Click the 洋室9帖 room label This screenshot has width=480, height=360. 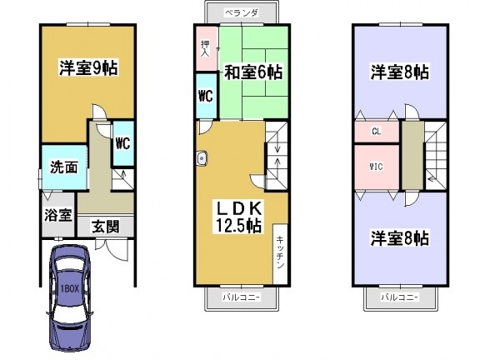tap(88, 68)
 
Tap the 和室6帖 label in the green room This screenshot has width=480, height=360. tap(253, 72)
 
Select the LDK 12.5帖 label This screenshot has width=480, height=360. tap(239, 217)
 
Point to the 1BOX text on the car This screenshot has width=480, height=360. tap(70, 288)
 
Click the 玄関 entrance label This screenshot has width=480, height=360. tap(105, 227)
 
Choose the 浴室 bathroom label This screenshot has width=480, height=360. tap(58, 215)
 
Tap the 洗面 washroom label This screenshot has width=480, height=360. tap(63, 167)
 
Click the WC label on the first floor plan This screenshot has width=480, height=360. tap(122, 142)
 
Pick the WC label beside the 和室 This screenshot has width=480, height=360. tap(206, 97)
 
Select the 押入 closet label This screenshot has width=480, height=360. tap(205, 48)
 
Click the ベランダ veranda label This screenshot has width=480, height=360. tap(242, 12)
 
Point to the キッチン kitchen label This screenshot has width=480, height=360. tap(280, 252)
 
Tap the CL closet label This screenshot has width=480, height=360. tap(376, 132)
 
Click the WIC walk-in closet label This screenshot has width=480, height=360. tap(376, 167)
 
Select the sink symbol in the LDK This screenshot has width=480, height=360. tap(202, 158)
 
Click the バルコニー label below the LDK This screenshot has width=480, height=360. tap(242, 297)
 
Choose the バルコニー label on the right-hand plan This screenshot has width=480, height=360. tap(400, 297)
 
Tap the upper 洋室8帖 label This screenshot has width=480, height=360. tap(400, 72)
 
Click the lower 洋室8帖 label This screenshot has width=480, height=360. tap(400, 238)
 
